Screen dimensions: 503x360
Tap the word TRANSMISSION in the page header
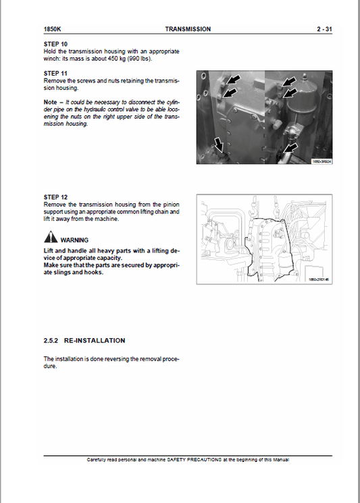coord(187,29)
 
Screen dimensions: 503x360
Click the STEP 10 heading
coord(55,44)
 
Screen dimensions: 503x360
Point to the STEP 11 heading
coord(55,73)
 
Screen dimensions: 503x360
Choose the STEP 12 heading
coord(55,197)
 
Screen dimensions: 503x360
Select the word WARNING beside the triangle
coord(74,240)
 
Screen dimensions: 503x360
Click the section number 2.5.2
coord(53,340)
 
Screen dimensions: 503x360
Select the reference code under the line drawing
coord(317,279)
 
